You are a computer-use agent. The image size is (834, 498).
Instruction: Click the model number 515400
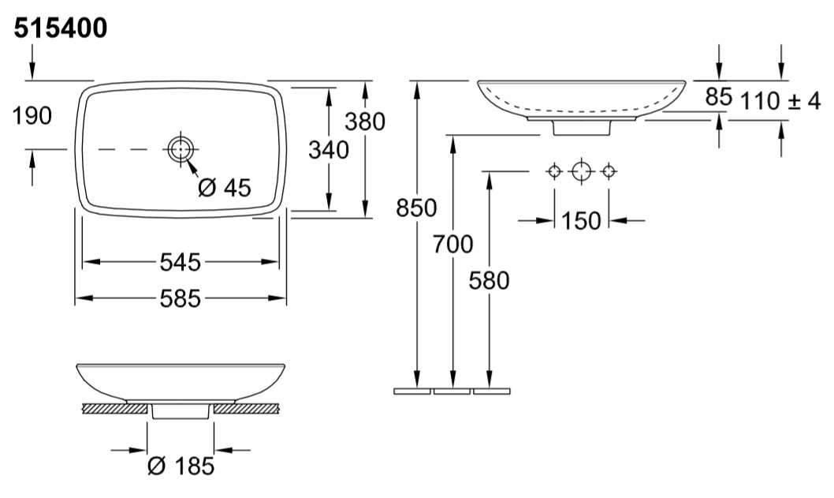point(60,28)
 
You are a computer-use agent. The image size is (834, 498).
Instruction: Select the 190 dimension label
point(32,115)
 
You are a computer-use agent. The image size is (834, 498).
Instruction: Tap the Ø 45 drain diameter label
point(224,187)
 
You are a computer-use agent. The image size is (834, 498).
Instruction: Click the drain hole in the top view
point(181,149)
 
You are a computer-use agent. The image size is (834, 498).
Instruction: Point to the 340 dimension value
point(329,150)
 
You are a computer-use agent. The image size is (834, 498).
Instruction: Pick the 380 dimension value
point(365,122)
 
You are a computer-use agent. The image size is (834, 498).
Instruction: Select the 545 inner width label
point(181,262)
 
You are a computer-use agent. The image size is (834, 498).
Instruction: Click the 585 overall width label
point(181,298)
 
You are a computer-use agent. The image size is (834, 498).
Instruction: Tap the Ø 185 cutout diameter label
point(181,466)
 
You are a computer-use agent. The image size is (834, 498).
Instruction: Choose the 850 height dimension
point(416,208)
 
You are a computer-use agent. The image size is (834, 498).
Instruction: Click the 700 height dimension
point(452,245)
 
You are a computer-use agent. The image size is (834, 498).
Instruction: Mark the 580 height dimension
point(489,281)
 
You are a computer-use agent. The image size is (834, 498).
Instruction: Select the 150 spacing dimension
point(581,220)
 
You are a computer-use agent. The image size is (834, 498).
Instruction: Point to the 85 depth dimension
point(719,96)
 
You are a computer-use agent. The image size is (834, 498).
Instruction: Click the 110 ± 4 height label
point(780,101)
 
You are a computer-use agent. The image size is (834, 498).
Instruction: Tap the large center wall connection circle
point(581,171)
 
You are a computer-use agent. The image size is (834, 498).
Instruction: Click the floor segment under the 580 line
point(491,391)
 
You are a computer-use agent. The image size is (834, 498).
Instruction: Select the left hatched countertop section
point(114,409)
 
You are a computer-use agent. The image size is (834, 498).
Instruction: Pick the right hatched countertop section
point(247,409)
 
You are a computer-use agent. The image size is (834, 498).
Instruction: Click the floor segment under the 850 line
point(412,391)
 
